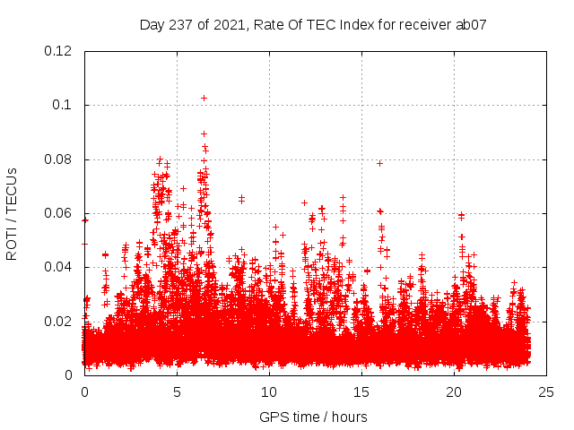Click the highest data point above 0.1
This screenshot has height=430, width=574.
(x=204, y=98)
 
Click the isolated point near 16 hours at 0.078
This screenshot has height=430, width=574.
(x=380, y=163)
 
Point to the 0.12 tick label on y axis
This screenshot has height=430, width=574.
(x=59, y=51)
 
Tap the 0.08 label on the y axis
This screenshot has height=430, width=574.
(x=59, y=159)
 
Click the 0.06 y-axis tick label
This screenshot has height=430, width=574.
(x=59, y=213)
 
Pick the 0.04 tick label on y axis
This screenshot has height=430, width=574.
(x=59, y=267)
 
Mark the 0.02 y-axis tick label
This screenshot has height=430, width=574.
(x=59, y=321)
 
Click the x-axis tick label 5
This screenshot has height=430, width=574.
(x=178, y=392)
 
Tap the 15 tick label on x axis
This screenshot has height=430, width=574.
(x=362, y=392)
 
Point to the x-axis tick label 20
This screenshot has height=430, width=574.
(x=455, y=392)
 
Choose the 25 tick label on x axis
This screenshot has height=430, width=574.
(x=546, y=392)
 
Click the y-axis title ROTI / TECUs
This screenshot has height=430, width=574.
(x=12, y=213)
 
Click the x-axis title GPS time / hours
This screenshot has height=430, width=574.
(x=313, y=417)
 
